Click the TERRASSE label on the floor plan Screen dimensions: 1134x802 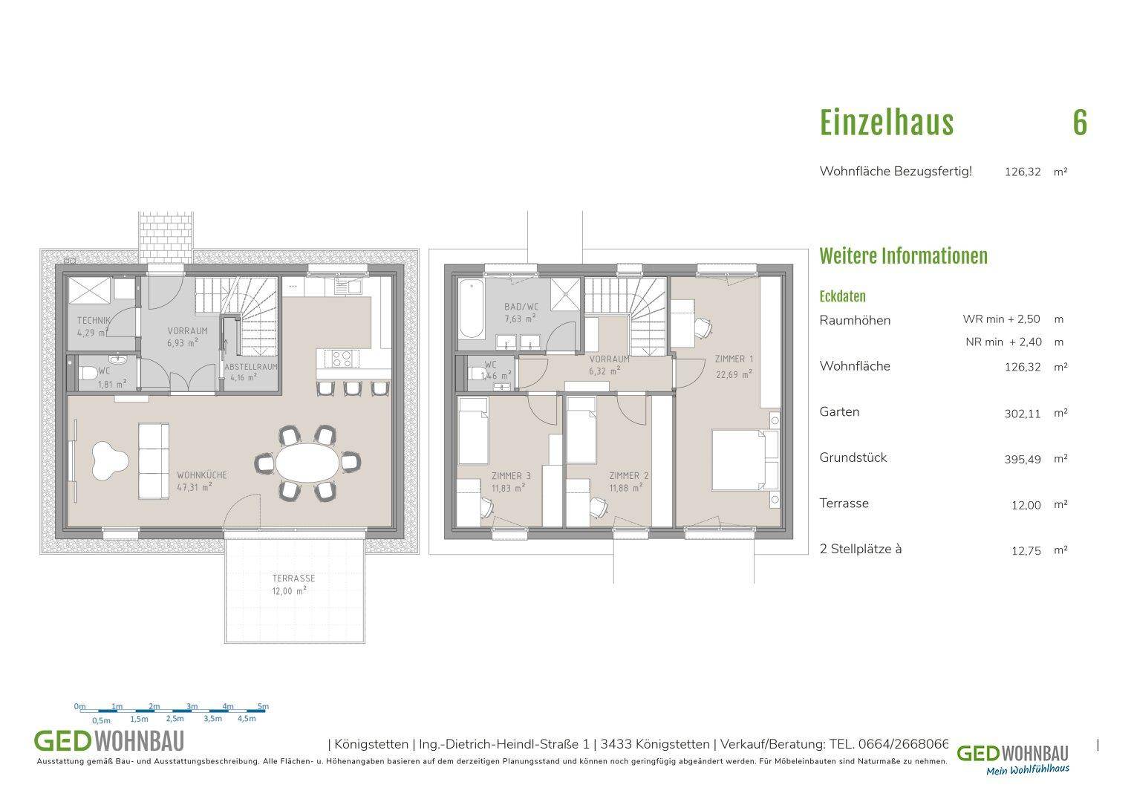[x=293, y=578]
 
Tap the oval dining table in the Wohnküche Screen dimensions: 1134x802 [x=307, y=463]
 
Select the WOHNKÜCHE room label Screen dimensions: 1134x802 [x=202, y=475]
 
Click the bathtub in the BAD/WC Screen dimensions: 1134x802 [x=472, y=308]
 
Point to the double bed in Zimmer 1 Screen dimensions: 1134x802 [x=745, y=460]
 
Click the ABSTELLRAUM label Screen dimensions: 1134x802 [x=251, y=367]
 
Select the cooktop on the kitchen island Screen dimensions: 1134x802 [x=341, y=359]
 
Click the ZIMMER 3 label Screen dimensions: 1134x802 [x=512, y=476]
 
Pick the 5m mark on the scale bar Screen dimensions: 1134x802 [x=263, y=706]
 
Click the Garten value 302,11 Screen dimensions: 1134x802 [x=1023, y=414]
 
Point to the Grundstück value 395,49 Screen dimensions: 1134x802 [x=1023, y=460]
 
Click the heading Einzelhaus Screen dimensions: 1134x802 [x=887, y=123]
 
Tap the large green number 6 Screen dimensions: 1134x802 [x=1080, y=123]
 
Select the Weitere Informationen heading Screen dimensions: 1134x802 [x=904, y=256]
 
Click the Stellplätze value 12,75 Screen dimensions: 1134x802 [x=1026, y=551]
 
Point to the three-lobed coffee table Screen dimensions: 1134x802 [x=110, y=460]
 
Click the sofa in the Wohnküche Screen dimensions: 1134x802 [x=154, y=461]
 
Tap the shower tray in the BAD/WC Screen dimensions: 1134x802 [x=565, y=294]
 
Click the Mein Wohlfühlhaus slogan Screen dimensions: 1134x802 [x=1028, y=769]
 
